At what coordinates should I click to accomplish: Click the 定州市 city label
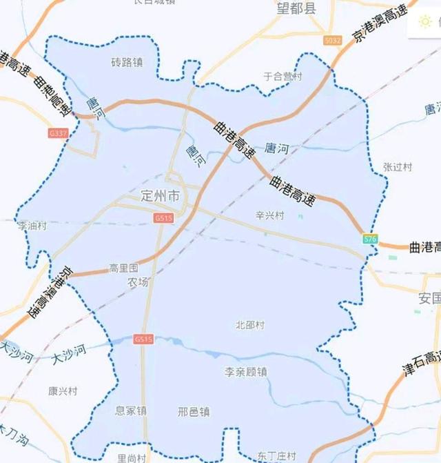coord(159,197)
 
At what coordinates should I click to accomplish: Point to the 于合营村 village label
coord(283,77)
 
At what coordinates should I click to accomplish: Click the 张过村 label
coord(397,167)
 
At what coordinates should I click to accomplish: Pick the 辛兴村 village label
coord(269,215)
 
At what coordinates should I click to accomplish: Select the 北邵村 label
coord(249,324)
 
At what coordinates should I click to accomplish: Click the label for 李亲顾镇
coord(246,372)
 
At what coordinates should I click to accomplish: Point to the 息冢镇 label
coord(131,411)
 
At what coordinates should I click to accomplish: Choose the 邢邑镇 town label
coord(194,412)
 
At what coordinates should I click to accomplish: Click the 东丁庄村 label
coord(276,456)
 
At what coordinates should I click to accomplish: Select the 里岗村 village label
coord(131,457)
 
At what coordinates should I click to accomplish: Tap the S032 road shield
coord(333,41)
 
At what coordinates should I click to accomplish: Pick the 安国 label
coord(429,298)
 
